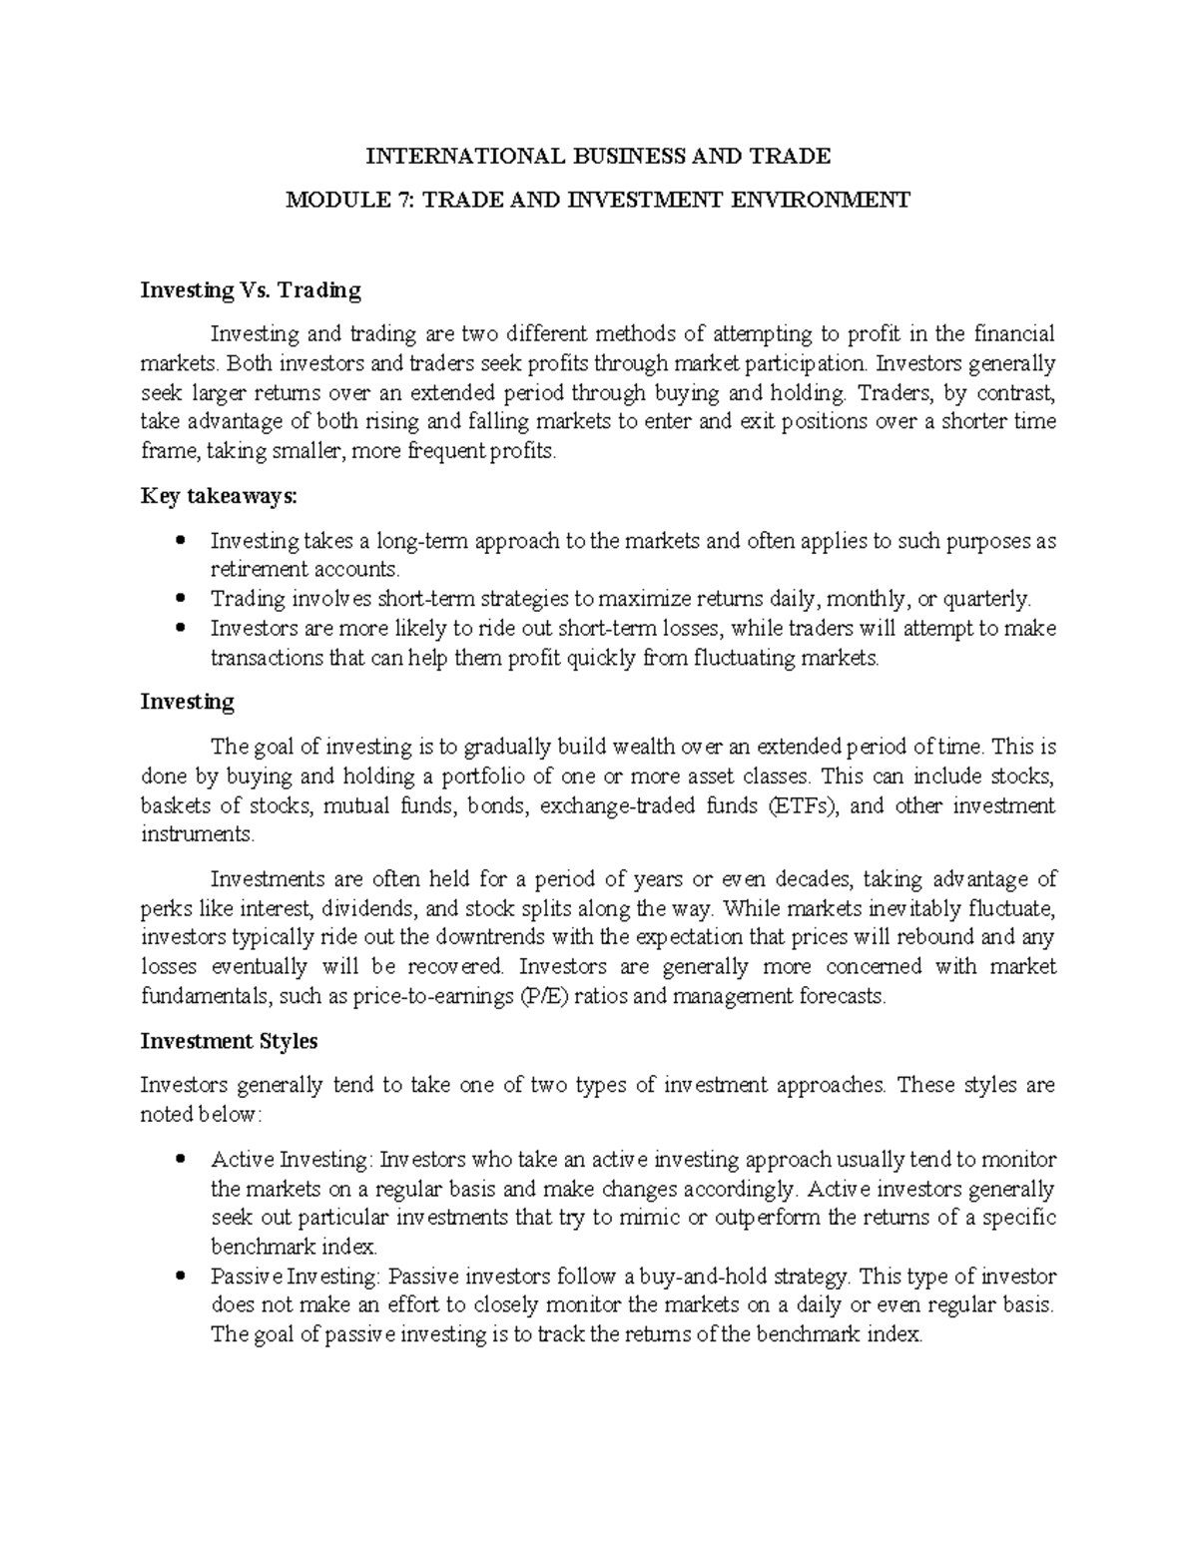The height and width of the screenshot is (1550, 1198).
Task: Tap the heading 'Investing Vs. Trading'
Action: (251, 290)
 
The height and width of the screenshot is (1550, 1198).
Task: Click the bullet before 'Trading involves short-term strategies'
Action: (181, 599)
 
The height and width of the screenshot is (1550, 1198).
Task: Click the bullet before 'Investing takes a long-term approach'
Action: (181, 541)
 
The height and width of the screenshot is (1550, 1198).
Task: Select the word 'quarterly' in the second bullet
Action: (985, 599)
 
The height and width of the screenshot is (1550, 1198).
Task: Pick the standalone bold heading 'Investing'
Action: (188, 702)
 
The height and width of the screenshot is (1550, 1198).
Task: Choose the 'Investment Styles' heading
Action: (229, 1041)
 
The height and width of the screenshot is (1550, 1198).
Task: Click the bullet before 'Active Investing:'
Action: (181, 1160)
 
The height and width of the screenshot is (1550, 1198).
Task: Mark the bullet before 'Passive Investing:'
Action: (181, 1277)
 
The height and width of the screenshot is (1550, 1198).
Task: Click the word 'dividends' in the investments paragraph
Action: (374, 909)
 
